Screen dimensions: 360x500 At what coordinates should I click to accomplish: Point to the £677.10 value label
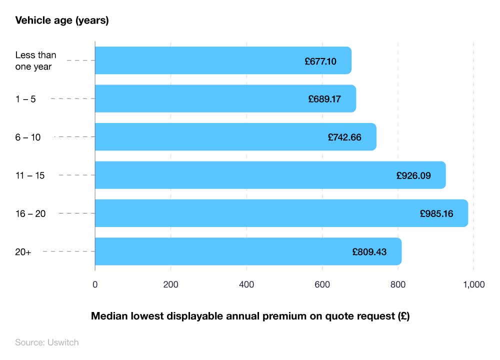tap(320, 61)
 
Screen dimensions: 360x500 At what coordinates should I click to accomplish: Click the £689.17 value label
tap(324, 99)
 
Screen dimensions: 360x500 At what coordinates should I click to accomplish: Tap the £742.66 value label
tap(344, 137)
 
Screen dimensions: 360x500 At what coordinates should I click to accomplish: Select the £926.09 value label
tap(413, 175)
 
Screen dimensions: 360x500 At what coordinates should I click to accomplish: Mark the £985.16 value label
tap(436, 213)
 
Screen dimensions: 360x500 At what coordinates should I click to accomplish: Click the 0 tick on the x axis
tap(95, 284)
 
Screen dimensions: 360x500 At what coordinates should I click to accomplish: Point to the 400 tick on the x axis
tap(246, 284)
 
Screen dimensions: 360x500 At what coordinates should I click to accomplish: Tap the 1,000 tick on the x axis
tap(473, 284)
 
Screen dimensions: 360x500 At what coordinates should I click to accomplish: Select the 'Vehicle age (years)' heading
tap(62, 20)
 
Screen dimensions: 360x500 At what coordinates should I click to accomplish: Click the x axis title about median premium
tap(250, 316)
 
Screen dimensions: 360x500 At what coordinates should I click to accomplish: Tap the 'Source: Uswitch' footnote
tap(47, 342)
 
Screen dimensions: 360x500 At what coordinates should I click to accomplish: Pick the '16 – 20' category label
tap(30, 213)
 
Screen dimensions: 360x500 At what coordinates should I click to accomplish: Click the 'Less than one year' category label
tap(35, 60)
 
